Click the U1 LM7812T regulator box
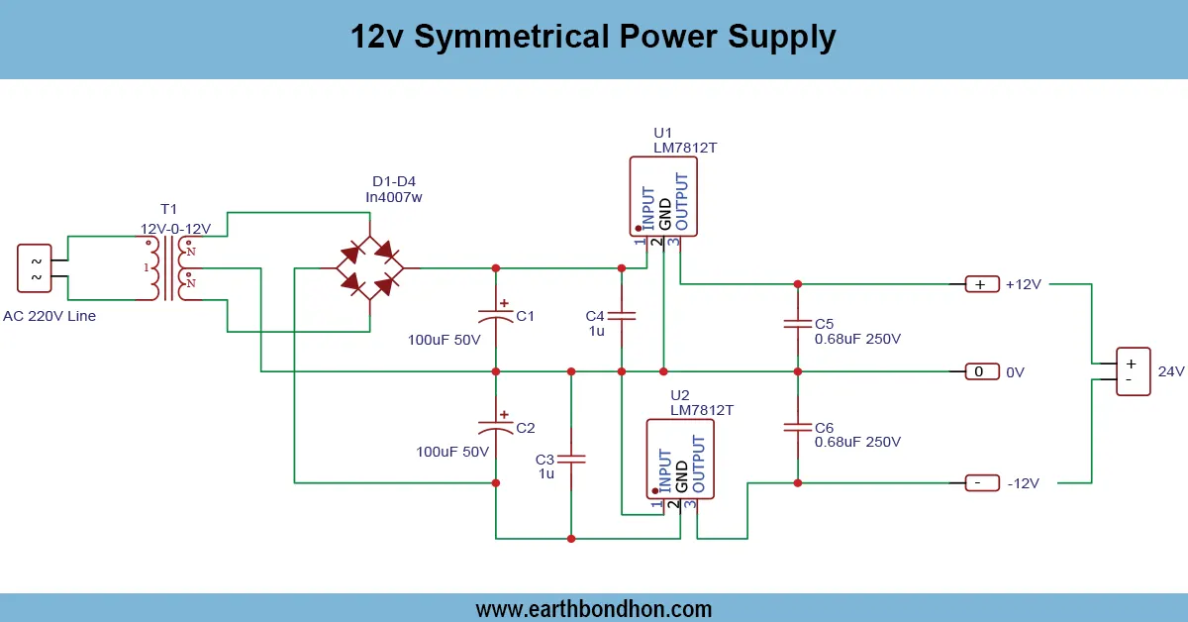click(x=663, y=196)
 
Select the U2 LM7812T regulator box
click(x=679, y=458)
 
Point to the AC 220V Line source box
click(x=36, y=268)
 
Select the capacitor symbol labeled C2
click(x=496, y=426)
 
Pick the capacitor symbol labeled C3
click(x=571, y=460)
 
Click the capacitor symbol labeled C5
click(x=797, y=324)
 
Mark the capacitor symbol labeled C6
click(x=797, y=427)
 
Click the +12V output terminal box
click(x=979, y=284)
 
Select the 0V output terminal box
click(x=979, y=371)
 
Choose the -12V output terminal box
click(x=979, y=482)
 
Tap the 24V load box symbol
click(x=1134, y=371)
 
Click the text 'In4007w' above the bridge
click(x=393, y=197)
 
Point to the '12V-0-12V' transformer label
click(x=174, y=228)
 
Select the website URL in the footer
click(x=593, y=608)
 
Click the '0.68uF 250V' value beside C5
click(x=857, y=339)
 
